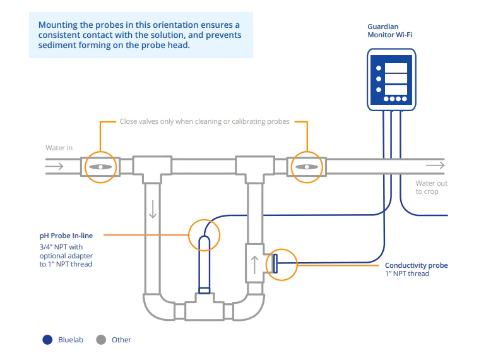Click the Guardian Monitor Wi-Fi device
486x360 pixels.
point(391,80)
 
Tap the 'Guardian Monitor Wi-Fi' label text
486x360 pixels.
point(391,31)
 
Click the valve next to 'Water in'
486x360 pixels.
point(100,167)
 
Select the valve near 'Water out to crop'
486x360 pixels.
point(306,167)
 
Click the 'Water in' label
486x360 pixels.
point(59,148)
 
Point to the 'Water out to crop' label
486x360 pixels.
point(431,188)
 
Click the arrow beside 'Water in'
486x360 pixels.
point(55,167)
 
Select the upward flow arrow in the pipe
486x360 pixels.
point(255,264)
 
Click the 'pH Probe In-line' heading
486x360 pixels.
point(66,236)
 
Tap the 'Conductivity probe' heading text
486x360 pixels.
point(416,265)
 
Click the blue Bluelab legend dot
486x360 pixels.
point(47,340)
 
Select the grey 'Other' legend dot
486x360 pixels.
point(100,340)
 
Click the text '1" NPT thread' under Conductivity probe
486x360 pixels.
point(407,274)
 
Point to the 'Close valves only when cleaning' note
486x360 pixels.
point(204,121)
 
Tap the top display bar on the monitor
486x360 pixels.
point(396,68)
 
